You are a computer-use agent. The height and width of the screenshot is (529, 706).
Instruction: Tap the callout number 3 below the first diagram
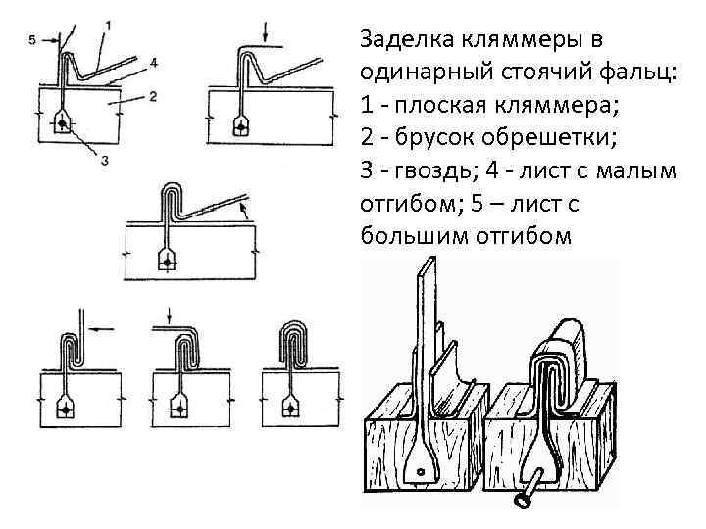[x=106, y=160]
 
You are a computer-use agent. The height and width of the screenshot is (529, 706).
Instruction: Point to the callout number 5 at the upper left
[x=32, y=40]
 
